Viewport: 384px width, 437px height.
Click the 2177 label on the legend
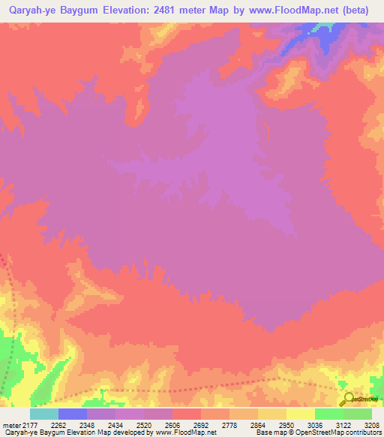coord(29,425)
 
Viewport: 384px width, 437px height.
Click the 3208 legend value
coord(371,425)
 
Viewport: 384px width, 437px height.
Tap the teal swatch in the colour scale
coord(44,414)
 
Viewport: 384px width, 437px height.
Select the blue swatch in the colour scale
coord(73,414)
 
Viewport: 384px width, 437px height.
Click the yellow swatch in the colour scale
coord(300,414)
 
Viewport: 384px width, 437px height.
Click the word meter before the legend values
coord(10,425)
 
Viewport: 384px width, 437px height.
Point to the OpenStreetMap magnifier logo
coord(348,399)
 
